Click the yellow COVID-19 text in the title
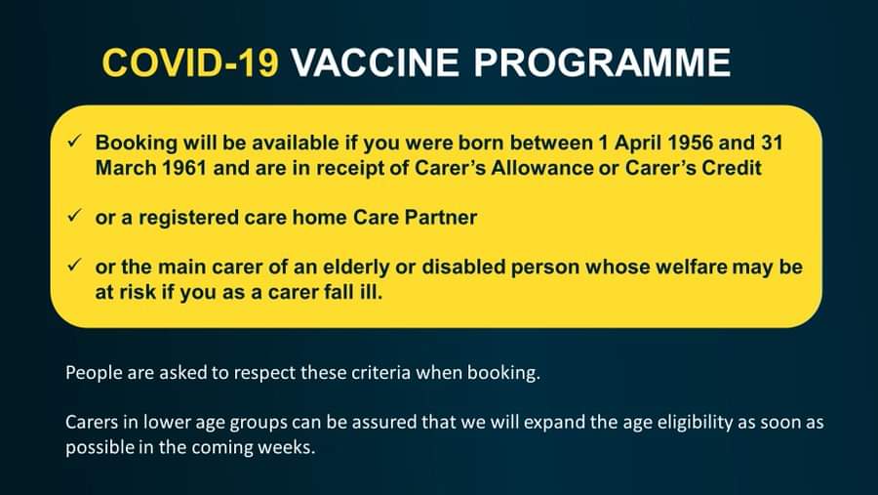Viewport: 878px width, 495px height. [190, 62]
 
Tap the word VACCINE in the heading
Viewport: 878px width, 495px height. [375, 62]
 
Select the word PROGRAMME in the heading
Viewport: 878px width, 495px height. [602, 62]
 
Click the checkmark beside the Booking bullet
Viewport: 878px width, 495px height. [74, 142]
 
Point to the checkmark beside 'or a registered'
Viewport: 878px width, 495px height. [74, 216]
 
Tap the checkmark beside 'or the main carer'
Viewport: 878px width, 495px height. [74, 265]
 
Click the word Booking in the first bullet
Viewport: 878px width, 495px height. [136, 144]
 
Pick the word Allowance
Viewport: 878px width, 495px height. [542, 168]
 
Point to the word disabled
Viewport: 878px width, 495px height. [463, 267]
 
